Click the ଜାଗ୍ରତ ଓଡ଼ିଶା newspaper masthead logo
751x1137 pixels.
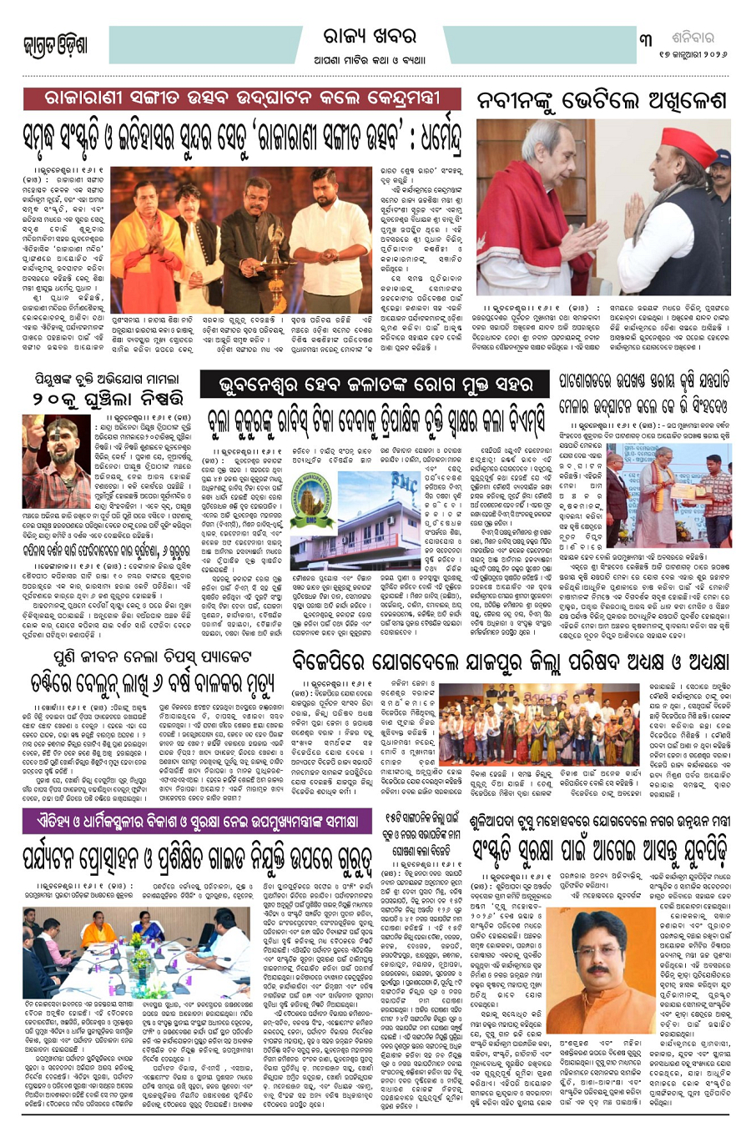tap(55, 45)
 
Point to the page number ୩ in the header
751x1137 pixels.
tap(646, 39)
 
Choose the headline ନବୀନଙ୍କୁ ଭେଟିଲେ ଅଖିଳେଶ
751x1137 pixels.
tap(602, 102)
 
